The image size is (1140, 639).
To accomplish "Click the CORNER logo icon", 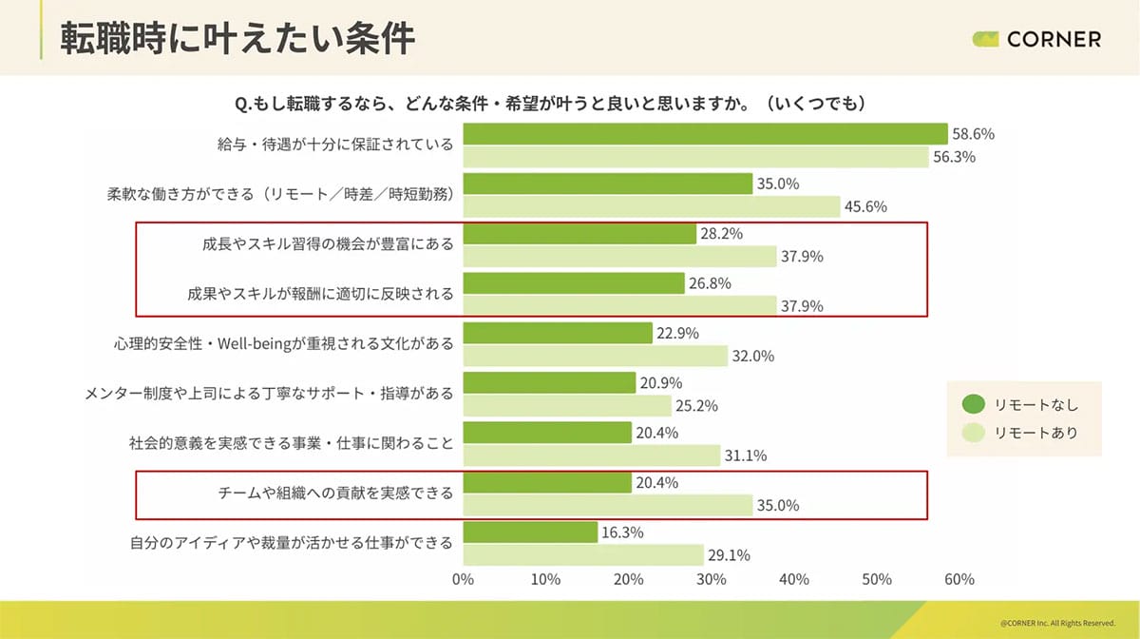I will [985, 39].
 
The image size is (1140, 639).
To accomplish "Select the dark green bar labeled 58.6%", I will [705, 134].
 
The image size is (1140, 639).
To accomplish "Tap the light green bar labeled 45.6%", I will [652, 205].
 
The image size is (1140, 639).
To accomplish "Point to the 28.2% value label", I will [722, 234].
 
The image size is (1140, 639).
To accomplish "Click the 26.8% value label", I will [711, 283].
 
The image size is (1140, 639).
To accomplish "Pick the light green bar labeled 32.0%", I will [595, 357].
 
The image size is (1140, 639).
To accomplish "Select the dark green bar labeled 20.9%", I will [549, 382].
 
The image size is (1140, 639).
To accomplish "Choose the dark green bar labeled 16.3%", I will [530, 531].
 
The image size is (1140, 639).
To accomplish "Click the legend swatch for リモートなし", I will [973, 404].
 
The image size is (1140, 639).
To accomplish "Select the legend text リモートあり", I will [1036, 433].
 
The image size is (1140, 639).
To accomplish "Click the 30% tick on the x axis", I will [711, 579].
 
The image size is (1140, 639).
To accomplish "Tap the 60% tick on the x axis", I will [959, 579].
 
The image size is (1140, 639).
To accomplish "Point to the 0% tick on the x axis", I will [463, 579].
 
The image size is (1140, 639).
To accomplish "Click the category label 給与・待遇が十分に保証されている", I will [334, 145].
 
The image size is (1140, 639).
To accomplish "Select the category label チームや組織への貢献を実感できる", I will [336, 493].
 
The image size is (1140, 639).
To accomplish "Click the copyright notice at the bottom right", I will [1057, 623].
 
